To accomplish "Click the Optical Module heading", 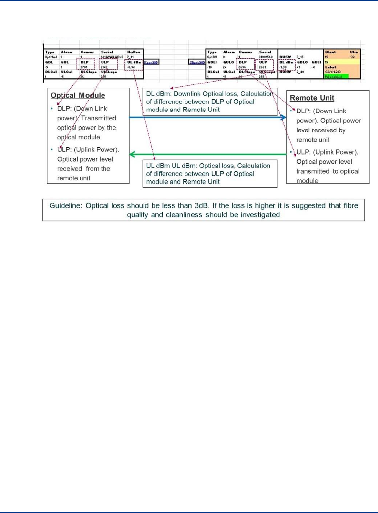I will tap(78, 96).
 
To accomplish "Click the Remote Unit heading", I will tap(312, 98).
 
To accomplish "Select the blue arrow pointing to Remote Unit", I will tap(208, 117).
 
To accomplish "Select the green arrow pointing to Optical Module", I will tap(208, 154).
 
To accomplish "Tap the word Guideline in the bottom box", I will tap(65, 206).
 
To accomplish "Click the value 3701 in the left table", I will tap(84, 67).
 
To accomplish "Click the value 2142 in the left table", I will tap(104, 67).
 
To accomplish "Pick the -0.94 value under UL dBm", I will tap(130, 67).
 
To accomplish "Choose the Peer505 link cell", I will tap(151, 62).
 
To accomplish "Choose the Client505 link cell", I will tap(197, 62).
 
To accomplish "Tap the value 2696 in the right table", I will tap(242, 67).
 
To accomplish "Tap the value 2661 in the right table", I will tap(262, 67).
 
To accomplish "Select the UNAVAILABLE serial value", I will tap(112, 57).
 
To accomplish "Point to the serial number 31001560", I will tap(265, 57).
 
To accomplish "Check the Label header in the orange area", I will tap(330, 67).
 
